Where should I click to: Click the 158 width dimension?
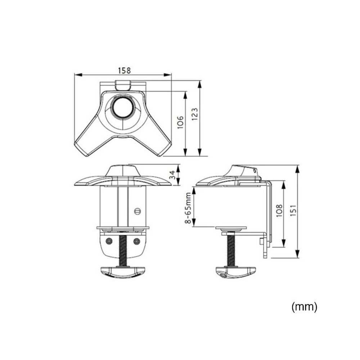tap(125, 70)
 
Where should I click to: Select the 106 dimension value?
tap(180, 122)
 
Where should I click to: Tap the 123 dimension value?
tap(194, 114)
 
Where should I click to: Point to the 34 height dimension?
tap(173, 175)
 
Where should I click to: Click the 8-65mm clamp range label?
tap(188, 208)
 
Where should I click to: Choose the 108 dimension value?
tap(279, 211)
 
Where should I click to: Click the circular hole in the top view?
tap(123, 107)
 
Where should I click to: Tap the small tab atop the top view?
tap(123, 85)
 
